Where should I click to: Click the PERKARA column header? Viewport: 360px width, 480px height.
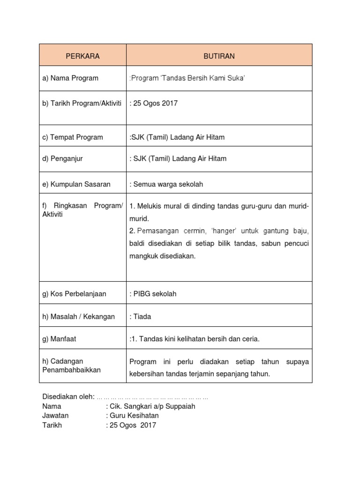tap(82, 56)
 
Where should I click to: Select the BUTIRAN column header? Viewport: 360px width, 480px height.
tap(219, 56)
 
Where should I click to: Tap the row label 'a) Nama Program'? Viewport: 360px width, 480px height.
tap(70, 78)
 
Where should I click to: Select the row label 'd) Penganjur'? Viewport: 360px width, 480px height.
tap(62, 158)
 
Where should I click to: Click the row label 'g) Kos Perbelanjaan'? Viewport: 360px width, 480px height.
tap(74, 294)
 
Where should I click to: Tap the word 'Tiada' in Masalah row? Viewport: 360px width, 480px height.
tap(142, 316)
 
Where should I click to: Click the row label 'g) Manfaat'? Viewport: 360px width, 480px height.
tap(60, 338)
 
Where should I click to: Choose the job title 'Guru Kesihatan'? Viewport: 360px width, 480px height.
tap(134, 416)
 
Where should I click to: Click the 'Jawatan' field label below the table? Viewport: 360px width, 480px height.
tap(55, 416)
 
